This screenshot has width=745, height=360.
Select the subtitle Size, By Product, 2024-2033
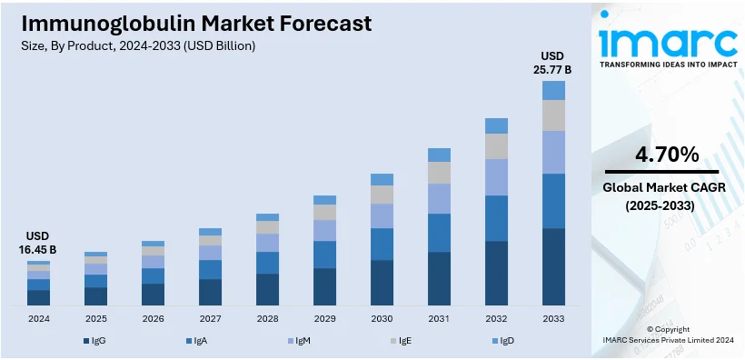point(135,45)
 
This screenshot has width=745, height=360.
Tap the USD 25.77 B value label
point(553,61)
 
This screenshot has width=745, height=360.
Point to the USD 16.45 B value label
point(38,243)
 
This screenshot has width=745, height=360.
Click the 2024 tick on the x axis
point(38,318)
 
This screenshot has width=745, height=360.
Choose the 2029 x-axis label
point(324,318)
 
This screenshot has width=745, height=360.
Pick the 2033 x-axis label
point(553,318)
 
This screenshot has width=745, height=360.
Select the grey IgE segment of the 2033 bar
point(553,115)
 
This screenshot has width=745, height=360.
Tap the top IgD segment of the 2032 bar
point(496,125)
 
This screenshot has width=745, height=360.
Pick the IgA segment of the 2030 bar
point(382,244)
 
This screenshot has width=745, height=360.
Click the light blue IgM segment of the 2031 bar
point(439,198)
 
